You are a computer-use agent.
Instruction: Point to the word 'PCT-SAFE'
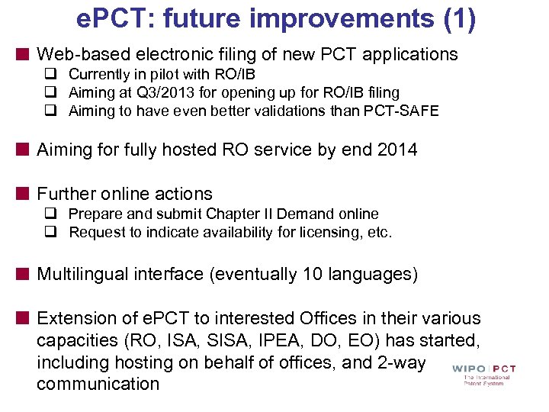(x=404, y=111)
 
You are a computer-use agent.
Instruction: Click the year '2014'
(x=397, y=150)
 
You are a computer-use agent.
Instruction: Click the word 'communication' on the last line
(x=98, y=384)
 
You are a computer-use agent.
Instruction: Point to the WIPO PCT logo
(x=483, y=374)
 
